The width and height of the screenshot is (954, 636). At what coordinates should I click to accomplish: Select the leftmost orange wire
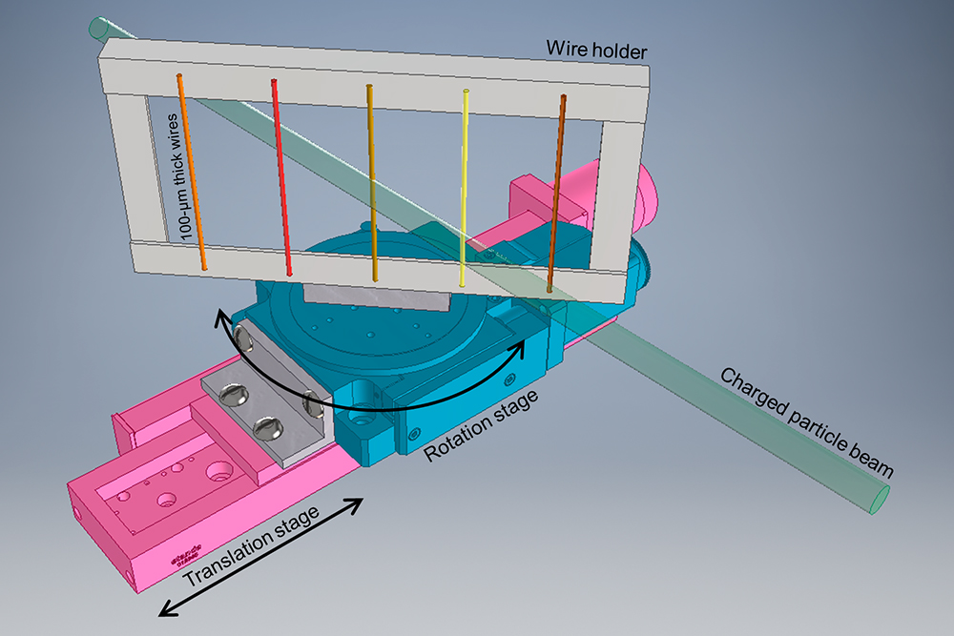pos(192,172)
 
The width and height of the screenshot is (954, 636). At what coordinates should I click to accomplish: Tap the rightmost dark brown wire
pos(556,191)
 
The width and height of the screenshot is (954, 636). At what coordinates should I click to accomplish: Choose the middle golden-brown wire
pos(371,181)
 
